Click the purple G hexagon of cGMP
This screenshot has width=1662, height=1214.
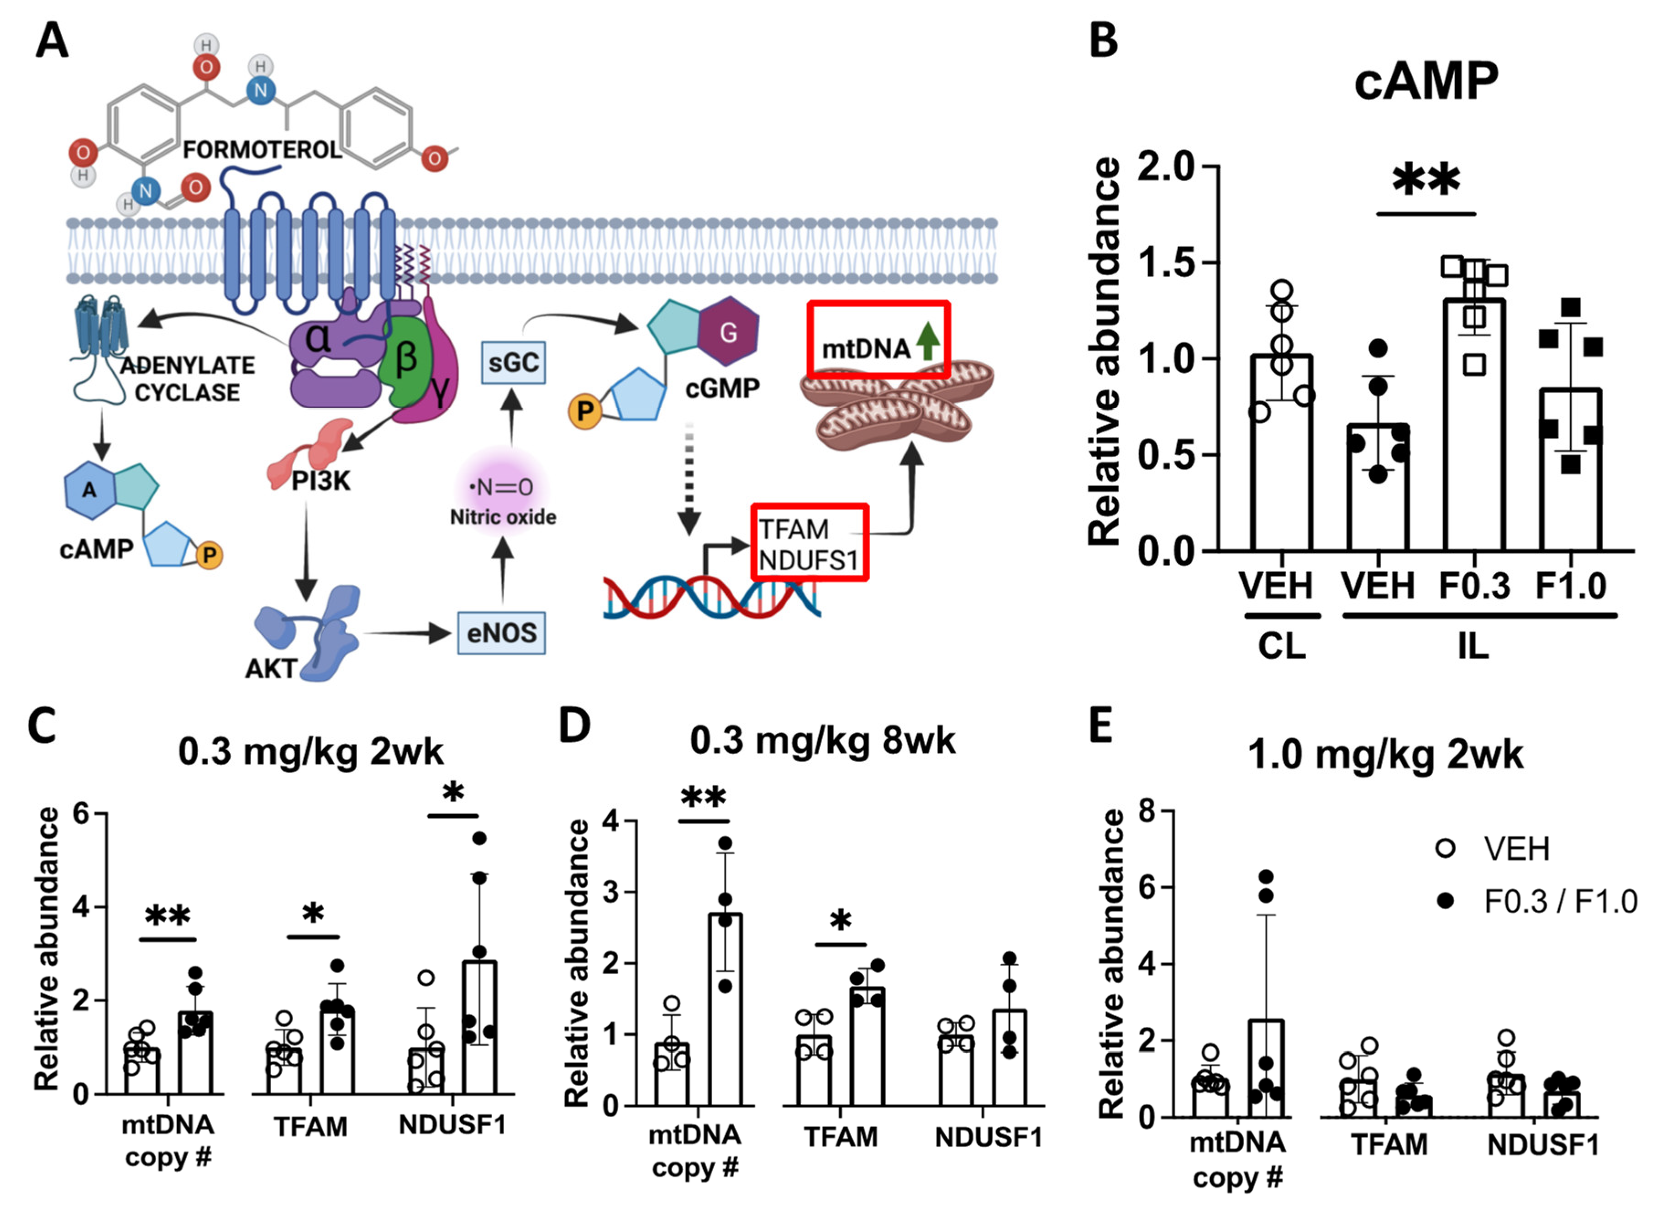[x=727, y=332]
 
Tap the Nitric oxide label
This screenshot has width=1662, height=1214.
[x=503, y=517]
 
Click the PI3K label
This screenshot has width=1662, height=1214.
[x=321, y=481]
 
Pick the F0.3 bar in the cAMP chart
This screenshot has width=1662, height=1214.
[x=1474, y=425]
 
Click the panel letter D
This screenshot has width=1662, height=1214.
[x=574, y=725]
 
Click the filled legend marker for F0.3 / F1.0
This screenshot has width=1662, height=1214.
[x=1445, y=901]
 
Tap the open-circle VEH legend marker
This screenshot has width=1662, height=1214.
[x=1445, y=849]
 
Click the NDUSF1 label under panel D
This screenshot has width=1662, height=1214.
[x=988, y=1137]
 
